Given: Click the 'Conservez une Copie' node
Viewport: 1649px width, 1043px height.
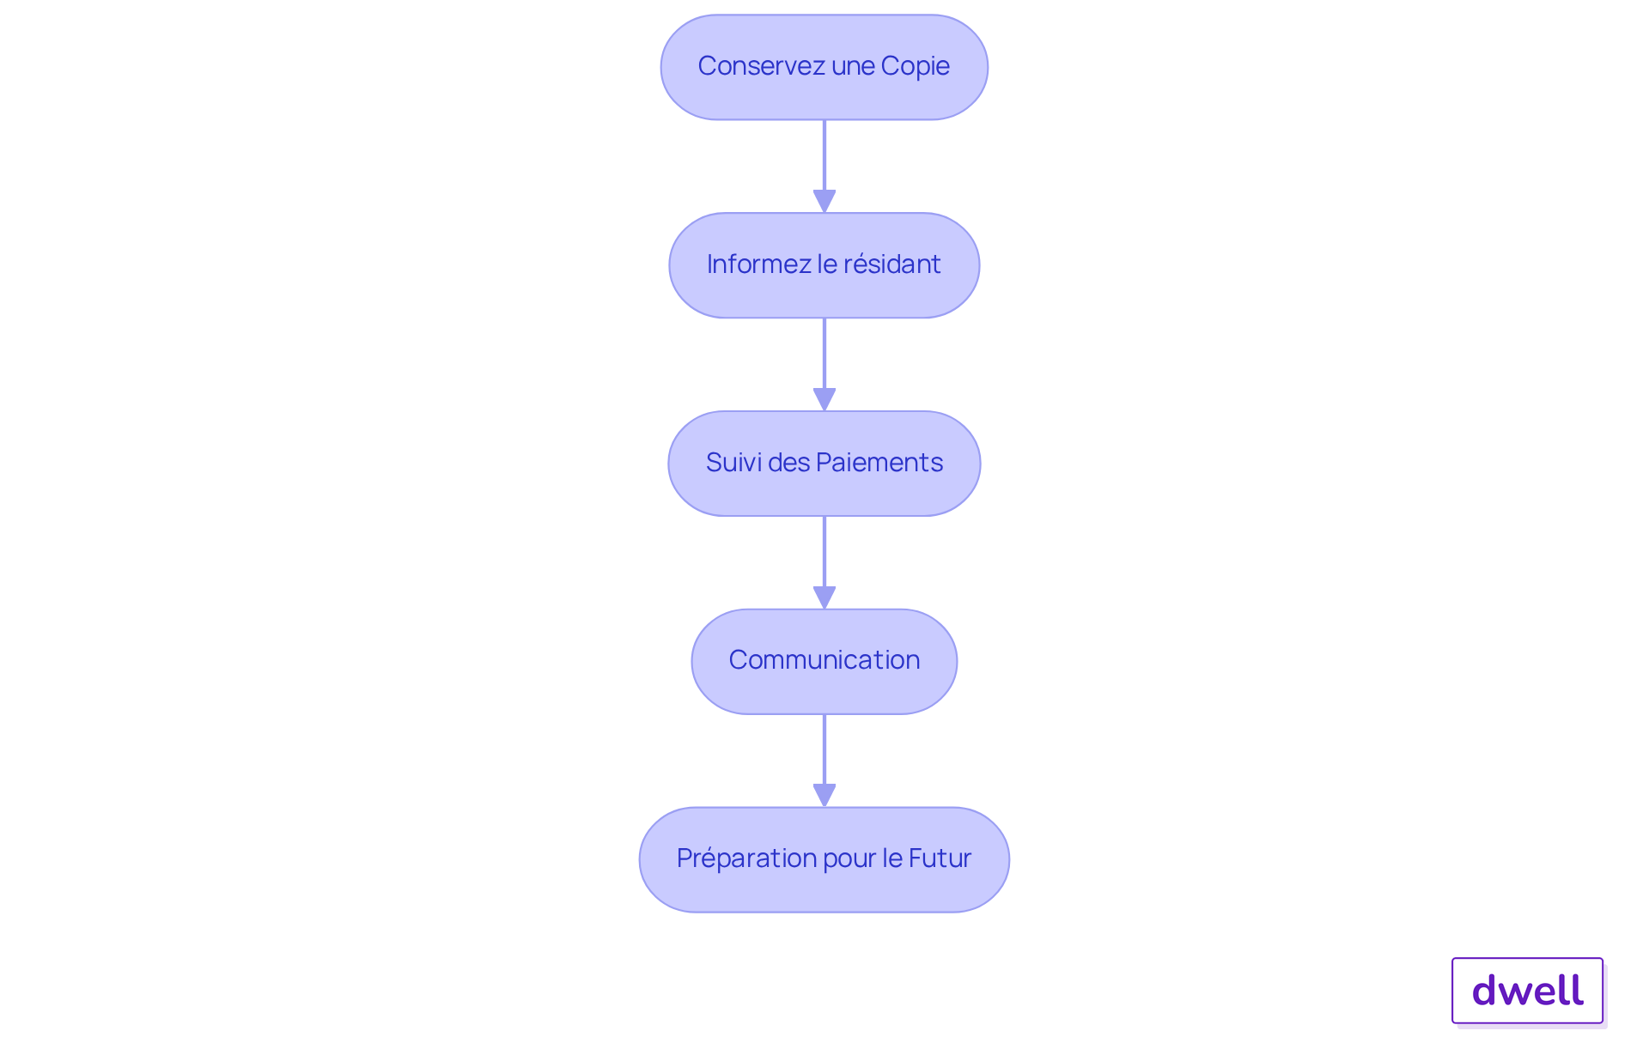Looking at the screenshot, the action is tap(824, 67).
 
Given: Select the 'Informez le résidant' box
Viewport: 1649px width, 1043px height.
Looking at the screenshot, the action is tap(824, 265).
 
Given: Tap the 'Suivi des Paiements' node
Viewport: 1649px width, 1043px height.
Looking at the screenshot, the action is tap(824, 464).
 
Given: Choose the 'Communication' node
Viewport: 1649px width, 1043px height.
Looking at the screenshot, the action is tap(824, 662).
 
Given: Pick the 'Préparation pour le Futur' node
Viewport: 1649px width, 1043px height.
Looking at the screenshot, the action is tap(824, 859).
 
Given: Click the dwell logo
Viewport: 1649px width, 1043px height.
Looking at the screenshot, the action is tap(1528, 991).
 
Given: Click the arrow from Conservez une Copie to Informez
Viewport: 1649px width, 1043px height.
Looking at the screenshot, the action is tap(824, 167).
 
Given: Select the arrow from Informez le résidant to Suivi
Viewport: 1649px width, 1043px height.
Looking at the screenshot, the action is tap(824, 365).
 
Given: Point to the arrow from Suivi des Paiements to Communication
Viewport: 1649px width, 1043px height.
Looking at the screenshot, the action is tap(824, 563).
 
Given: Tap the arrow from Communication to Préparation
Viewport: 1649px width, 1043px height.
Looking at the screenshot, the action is tap(824, 761).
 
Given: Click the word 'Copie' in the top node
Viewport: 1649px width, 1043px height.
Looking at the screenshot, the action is tap(916, 67).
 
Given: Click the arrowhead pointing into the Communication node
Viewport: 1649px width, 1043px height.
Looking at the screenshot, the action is tap(824, 598).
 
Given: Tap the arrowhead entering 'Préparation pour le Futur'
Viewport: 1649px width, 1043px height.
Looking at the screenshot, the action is tap(824, 796).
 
